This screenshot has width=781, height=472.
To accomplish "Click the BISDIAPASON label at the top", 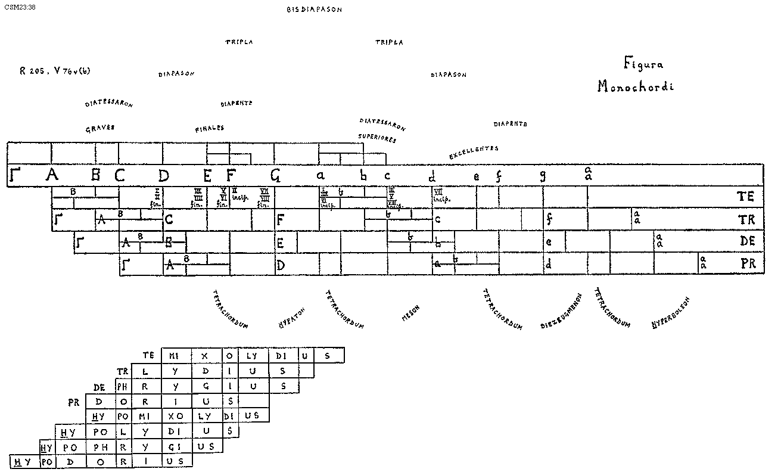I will [314, 10].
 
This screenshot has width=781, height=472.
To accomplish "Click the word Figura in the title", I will [643, 64].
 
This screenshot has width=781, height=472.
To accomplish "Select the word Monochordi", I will [636, 86].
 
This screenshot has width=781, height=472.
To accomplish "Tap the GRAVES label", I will [100, 129].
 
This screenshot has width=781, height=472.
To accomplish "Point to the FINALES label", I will [209, 129].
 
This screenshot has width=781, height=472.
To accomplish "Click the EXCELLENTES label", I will [474, 153].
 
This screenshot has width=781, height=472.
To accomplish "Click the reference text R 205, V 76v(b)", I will [54, 70].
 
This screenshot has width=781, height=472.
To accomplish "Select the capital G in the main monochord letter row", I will [275, 176].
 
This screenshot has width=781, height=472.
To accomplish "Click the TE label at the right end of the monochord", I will [745, 197].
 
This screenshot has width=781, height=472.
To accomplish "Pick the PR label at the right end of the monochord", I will [748, 263].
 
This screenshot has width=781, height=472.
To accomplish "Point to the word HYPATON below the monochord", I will [292, 318].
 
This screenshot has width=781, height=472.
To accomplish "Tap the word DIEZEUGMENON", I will [561, 312].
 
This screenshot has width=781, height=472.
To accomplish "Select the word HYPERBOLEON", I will [671, 313].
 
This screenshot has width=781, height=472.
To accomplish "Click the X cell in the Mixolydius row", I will [204, 356].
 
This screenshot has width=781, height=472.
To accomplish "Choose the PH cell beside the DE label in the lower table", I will [122, 386].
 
